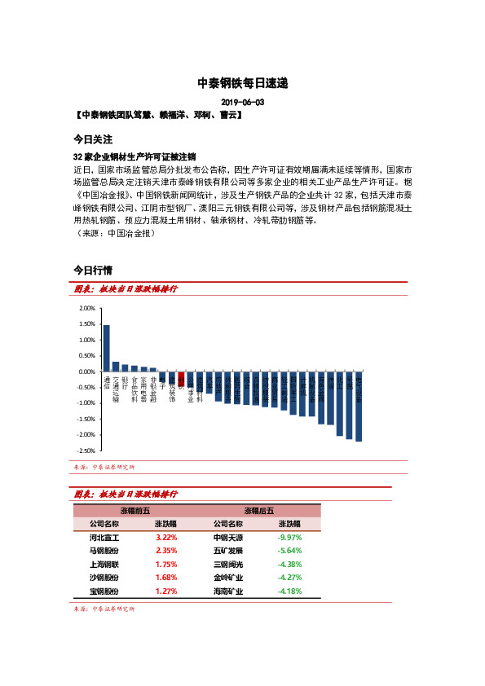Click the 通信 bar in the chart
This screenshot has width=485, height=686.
pos(106,348)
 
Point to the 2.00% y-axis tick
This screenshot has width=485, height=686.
pos(86,309)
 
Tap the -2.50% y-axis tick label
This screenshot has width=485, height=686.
pos(86,451)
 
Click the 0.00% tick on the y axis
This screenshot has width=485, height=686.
pos(86,372)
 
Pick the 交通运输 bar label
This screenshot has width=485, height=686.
pos(116,389)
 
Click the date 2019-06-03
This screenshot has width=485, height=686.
pos(242,103)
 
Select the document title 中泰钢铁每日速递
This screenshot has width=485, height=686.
pos(242,83)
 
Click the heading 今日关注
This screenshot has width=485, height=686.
pos(93,139)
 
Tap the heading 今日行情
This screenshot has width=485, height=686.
pos(93,270)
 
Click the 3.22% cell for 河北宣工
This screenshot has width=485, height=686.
pos(166,538)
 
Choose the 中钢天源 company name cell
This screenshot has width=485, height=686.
pos(227,538)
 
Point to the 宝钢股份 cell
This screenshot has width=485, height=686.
pos(104,591)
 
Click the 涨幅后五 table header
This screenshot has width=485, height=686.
pos(259,510)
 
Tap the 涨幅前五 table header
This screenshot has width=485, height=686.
pos(135,510)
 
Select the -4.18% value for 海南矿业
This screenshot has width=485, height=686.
pos(289,591)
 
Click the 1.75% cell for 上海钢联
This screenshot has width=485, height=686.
pos(166,564)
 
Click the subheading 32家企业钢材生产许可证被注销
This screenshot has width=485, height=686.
pos(134,156)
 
